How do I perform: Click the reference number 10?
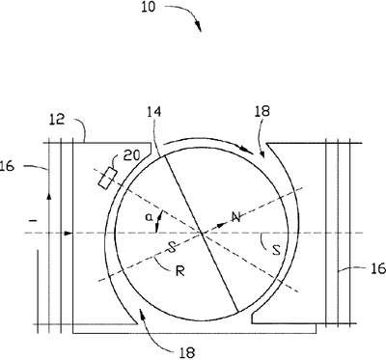148,7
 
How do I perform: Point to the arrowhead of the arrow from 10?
199,27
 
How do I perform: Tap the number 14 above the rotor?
153,112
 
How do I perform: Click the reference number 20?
131,155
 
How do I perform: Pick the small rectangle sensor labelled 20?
107,178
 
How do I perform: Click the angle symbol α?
149,218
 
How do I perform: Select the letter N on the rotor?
236,217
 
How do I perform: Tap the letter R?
180,271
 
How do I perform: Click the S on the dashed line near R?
173,248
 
